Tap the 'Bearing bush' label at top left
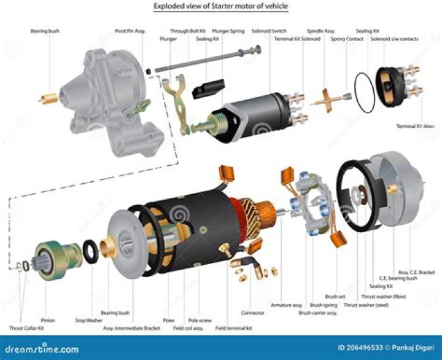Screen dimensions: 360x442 45,30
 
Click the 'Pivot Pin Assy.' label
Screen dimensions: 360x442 130,30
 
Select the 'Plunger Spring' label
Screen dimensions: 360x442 228,30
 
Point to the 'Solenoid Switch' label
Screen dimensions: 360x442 269,30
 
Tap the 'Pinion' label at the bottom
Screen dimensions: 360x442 47,320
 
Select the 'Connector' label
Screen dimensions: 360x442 253,312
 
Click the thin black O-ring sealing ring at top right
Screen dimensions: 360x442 365,92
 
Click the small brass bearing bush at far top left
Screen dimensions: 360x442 48,96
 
